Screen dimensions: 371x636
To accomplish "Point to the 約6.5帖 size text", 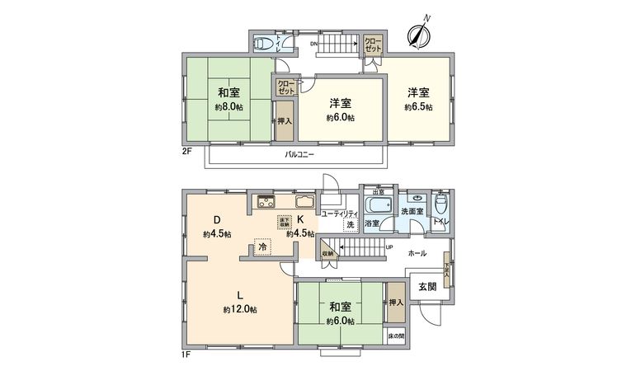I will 417,107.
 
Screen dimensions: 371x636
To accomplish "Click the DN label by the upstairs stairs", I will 314,44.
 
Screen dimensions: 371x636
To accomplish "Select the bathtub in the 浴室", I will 379,204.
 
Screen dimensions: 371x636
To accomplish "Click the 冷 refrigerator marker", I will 262,247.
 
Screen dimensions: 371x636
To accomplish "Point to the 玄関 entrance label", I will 427,287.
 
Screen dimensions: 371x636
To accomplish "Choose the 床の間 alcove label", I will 396,336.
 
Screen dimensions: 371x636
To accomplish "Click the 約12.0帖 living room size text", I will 239,309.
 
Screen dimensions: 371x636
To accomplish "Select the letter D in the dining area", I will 216,219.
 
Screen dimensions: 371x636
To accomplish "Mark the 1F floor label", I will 186,355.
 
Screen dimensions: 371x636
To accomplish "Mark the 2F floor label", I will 187,151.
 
